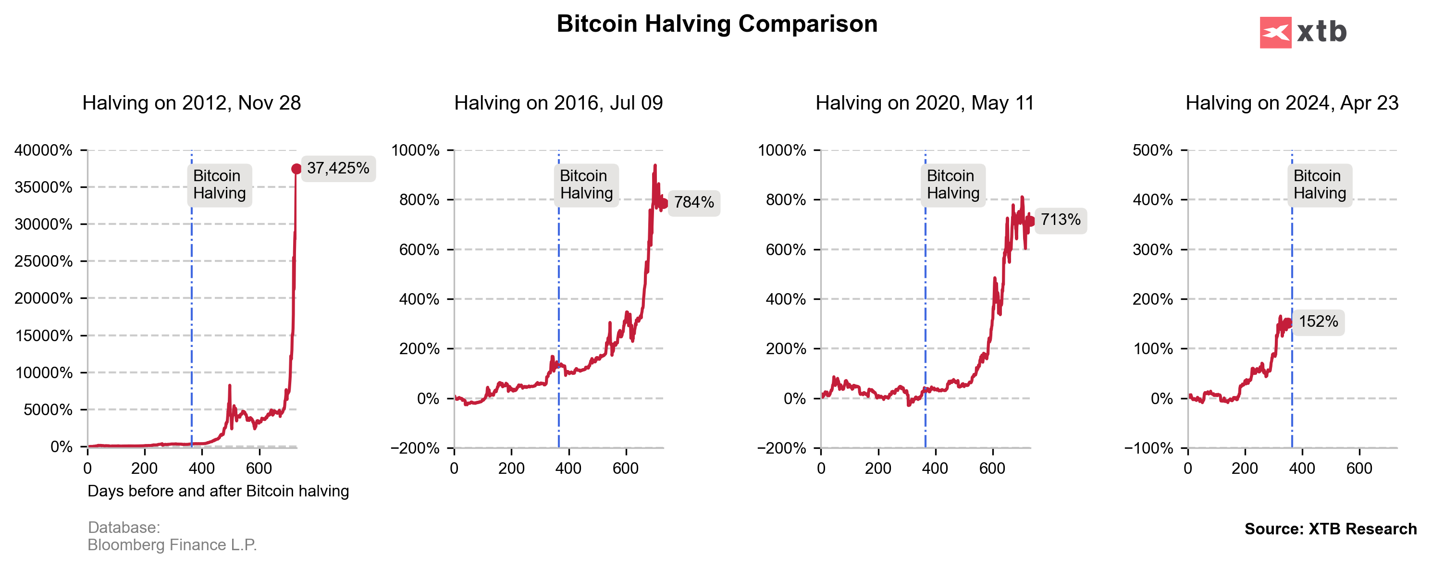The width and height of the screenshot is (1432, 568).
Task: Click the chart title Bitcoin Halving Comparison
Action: (716, 24)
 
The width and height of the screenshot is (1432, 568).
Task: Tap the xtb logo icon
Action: (1275, 32)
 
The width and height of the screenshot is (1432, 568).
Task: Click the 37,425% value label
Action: (338, 168)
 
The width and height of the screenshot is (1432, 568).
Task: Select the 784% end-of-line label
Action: (694, 202)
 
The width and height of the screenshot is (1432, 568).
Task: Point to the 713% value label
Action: (1060, 220)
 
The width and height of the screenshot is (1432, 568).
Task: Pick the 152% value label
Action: (1318, 322)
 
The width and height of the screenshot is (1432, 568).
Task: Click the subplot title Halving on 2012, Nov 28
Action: (191, 103)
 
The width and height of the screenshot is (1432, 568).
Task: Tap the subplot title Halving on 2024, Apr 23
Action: (1291, 103)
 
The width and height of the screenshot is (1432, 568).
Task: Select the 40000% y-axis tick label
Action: (43, 150)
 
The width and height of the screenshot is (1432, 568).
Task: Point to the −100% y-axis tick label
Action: (1148, 448)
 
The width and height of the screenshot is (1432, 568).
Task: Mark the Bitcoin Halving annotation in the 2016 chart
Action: (586, 185)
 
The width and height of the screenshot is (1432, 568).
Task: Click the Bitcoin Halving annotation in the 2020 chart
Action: (953, 185)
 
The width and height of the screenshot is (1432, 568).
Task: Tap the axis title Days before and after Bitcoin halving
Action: (218, 491)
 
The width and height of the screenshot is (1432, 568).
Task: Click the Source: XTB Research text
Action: (1330, 529)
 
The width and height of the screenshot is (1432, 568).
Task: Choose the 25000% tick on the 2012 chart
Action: (43, 261)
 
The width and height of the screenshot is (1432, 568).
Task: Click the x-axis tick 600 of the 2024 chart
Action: (1358, 469)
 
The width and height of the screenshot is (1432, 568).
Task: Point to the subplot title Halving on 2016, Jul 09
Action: (558, 103)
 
